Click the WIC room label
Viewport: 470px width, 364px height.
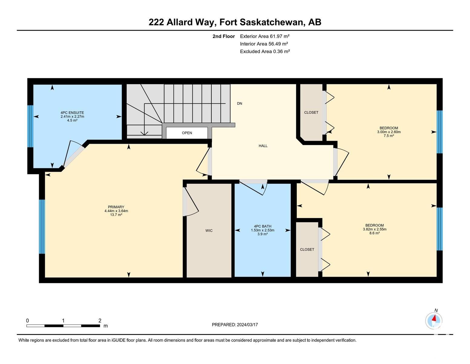209,231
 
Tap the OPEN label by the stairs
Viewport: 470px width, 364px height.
187,133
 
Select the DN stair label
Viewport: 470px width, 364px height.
240,103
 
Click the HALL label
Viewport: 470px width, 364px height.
263,146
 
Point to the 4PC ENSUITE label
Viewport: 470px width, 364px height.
72,113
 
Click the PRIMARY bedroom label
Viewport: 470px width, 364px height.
116,207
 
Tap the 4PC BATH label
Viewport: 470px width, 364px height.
263,226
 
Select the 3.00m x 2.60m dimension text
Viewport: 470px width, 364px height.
389,132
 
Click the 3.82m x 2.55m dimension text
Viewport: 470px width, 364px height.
375,229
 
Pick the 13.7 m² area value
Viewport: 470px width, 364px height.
116,214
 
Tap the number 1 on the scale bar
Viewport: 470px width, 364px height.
63,321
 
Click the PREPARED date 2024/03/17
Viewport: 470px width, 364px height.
247,325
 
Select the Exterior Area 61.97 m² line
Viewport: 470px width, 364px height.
264,36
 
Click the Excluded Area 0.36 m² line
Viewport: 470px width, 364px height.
265,52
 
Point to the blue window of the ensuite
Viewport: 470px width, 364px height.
31,126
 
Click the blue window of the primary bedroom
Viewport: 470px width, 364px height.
42,227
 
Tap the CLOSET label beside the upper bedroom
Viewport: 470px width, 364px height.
311,113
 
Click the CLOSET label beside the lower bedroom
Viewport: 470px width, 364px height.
307,250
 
